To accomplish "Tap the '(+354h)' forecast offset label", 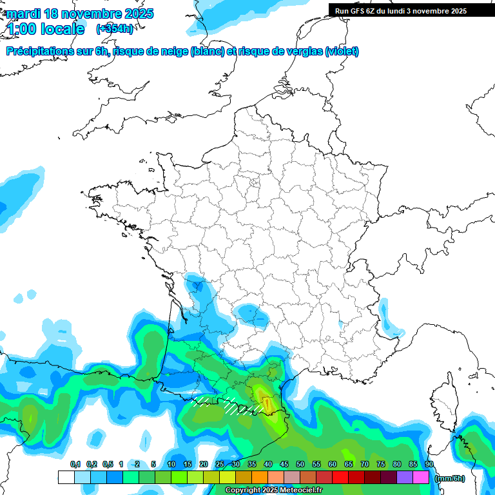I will (x=115, y=29).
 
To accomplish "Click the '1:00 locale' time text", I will (x=45, y=29).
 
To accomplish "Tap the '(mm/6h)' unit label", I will (x=450, y=478).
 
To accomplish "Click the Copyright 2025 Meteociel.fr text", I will (x=274, y=490).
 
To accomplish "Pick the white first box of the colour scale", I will (x=66, y=478).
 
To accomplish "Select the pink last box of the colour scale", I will (x=421, y=478).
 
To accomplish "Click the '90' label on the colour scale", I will (x=429, y=464).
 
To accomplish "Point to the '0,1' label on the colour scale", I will (x=75, y=464).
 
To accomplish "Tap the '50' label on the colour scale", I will (x=300, y=464).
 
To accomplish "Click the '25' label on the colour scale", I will (x=220, y=464).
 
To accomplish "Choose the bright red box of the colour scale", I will (x=340, y=478).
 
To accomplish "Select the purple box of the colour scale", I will (x=405, y=478).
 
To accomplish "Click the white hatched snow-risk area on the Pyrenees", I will (x=229, y=405).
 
